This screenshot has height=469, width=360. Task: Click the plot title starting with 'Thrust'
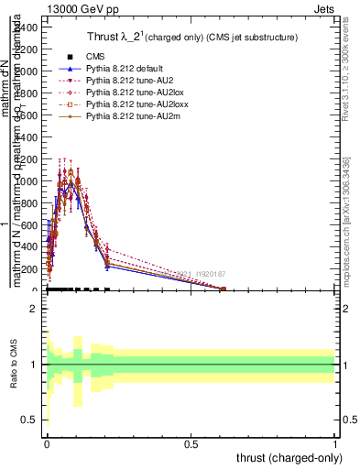(169, 35)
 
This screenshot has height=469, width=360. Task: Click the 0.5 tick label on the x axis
(191, 443)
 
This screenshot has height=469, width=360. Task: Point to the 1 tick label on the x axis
(334, 443)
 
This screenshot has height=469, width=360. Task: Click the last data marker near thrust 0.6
(224, 289)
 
